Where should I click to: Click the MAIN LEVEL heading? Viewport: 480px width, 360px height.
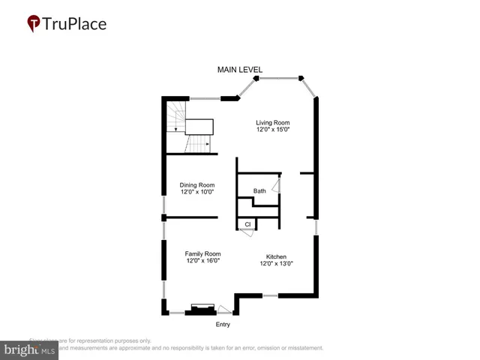point(240,70)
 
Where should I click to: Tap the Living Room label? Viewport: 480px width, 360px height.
point(272,122)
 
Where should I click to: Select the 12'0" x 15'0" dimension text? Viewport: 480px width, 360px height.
point(272,130)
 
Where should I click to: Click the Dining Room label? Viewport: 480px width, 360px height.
point(197,185)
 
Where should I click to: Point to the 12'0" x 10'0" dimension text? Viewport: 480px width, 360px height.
point(197,193)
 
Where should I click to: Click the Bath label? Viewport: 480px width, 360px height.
point(259,191)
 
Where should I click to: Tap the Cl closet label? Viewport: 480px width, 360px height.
point(247,223)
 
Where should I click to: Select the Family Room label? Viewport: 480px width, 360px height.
point(202,254)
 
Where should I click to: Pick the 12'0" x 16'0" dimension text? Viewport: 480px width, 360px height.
point(202,262)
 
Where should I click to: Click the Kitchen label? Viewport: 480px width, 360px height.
point(275,256)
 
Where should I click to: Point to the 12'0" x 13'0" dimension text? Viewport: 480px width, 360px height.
point(275,264)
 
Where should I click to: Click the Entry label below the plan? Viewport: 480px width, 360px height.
point(223,325)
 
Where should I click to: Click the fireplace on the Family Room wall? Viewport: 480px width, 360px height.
point(202,309)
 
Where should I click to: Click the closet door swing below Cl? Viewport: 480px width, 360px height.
point(245,233)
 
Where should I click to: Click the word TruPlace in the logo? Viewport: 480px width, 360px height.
point(75,24)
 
